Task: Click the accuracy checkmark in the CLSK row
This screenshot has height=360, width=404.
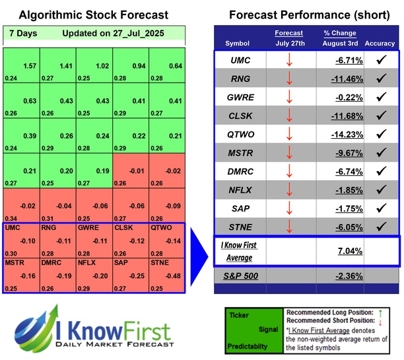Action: (380, 116)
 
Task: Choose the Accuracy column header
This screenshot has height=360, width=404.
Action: (380, 44)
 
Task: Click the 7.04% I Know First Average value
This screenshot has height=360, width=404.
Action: (351, 250)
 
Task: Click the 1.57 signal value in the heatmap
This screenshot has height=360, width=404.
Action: (29, 65)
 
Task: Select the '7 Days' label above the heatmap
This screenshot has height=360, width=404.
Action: (22, 33)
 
